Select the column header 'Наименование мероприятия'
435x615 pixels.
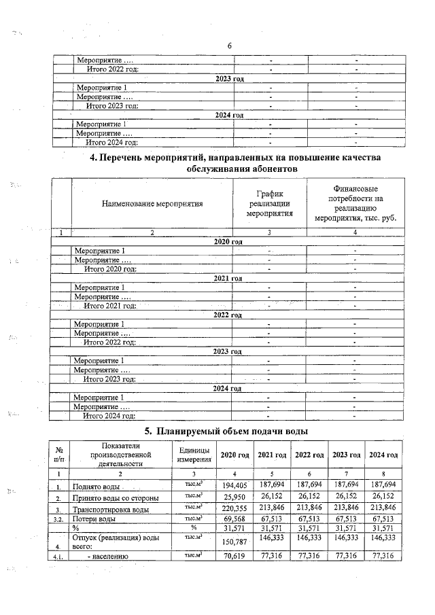click(x=152, y=203)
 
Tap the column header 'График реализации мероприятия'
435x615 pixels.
click(x=270, y=203)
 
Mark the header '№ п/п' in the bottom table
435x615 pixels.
click(x=60, y=454)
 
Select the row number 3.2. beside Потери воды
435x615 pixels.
click(x=61, y=519)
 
